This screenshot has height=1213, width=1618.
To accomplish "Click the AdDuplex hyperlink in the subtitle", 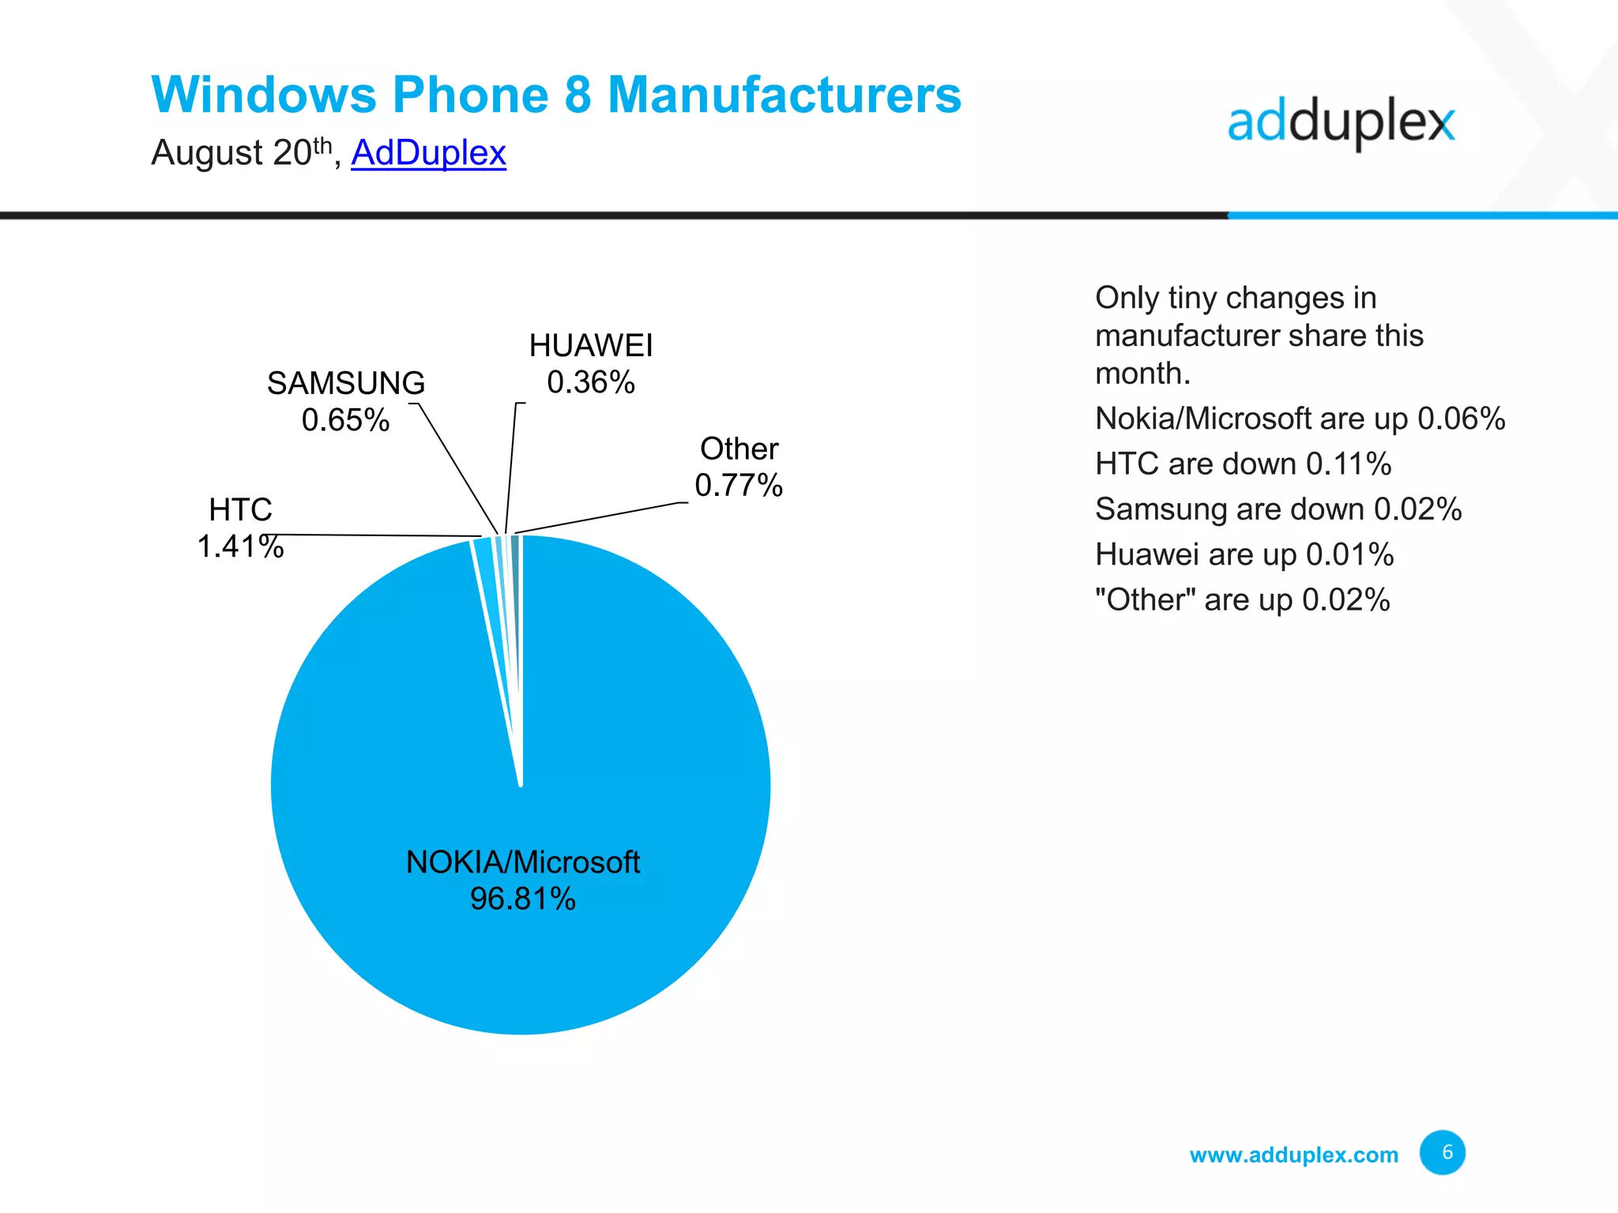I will (428, 152).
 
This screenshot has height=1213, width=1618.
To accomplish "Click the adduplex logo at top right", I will (1341, 123).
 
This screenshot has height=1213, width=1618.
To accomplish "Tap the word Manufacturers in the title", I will (784, 95).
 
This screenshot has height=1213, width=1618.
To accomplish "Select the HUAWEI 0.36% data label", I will (591, 364).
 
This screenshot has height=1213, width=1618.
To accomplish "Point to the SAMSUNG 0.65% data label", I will (346, 401).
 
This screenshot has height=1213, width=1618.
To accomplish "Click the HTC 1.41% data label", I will (240, 528).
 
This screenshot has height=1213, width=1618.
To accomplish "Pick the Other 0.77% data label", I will (739, 467).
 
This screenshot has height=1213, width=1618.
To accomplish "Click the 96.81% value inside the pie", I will (522, 899).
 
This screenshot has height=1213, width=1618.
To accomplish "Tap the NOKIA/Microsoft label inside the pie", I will (522, 862).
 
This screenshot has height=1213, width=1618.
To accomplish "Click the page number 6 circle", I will (1442, 1152).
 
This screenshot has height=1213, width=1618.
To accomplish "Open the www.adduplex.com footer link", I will (1293, 1155).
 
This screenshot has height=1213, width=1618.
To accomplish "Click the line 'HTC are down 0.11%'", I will (1243, 464).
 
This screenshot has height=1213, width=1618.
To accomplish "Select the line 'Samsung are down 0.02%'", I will (1277, 509).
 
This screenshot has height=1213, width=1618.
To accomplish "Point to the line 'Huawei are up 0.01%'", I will (1244, 554).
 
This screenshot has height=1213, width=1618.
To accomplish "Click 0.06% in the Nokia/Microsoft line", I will (1461, 419).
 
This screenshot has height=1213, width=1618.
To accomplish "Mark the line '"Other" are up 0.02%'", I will (1242, 600).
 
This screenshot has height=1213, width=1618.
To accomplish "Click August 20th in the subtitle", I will (241, 152).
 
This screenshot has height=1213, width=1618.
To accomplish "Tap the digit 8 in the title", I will (578, 95).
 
